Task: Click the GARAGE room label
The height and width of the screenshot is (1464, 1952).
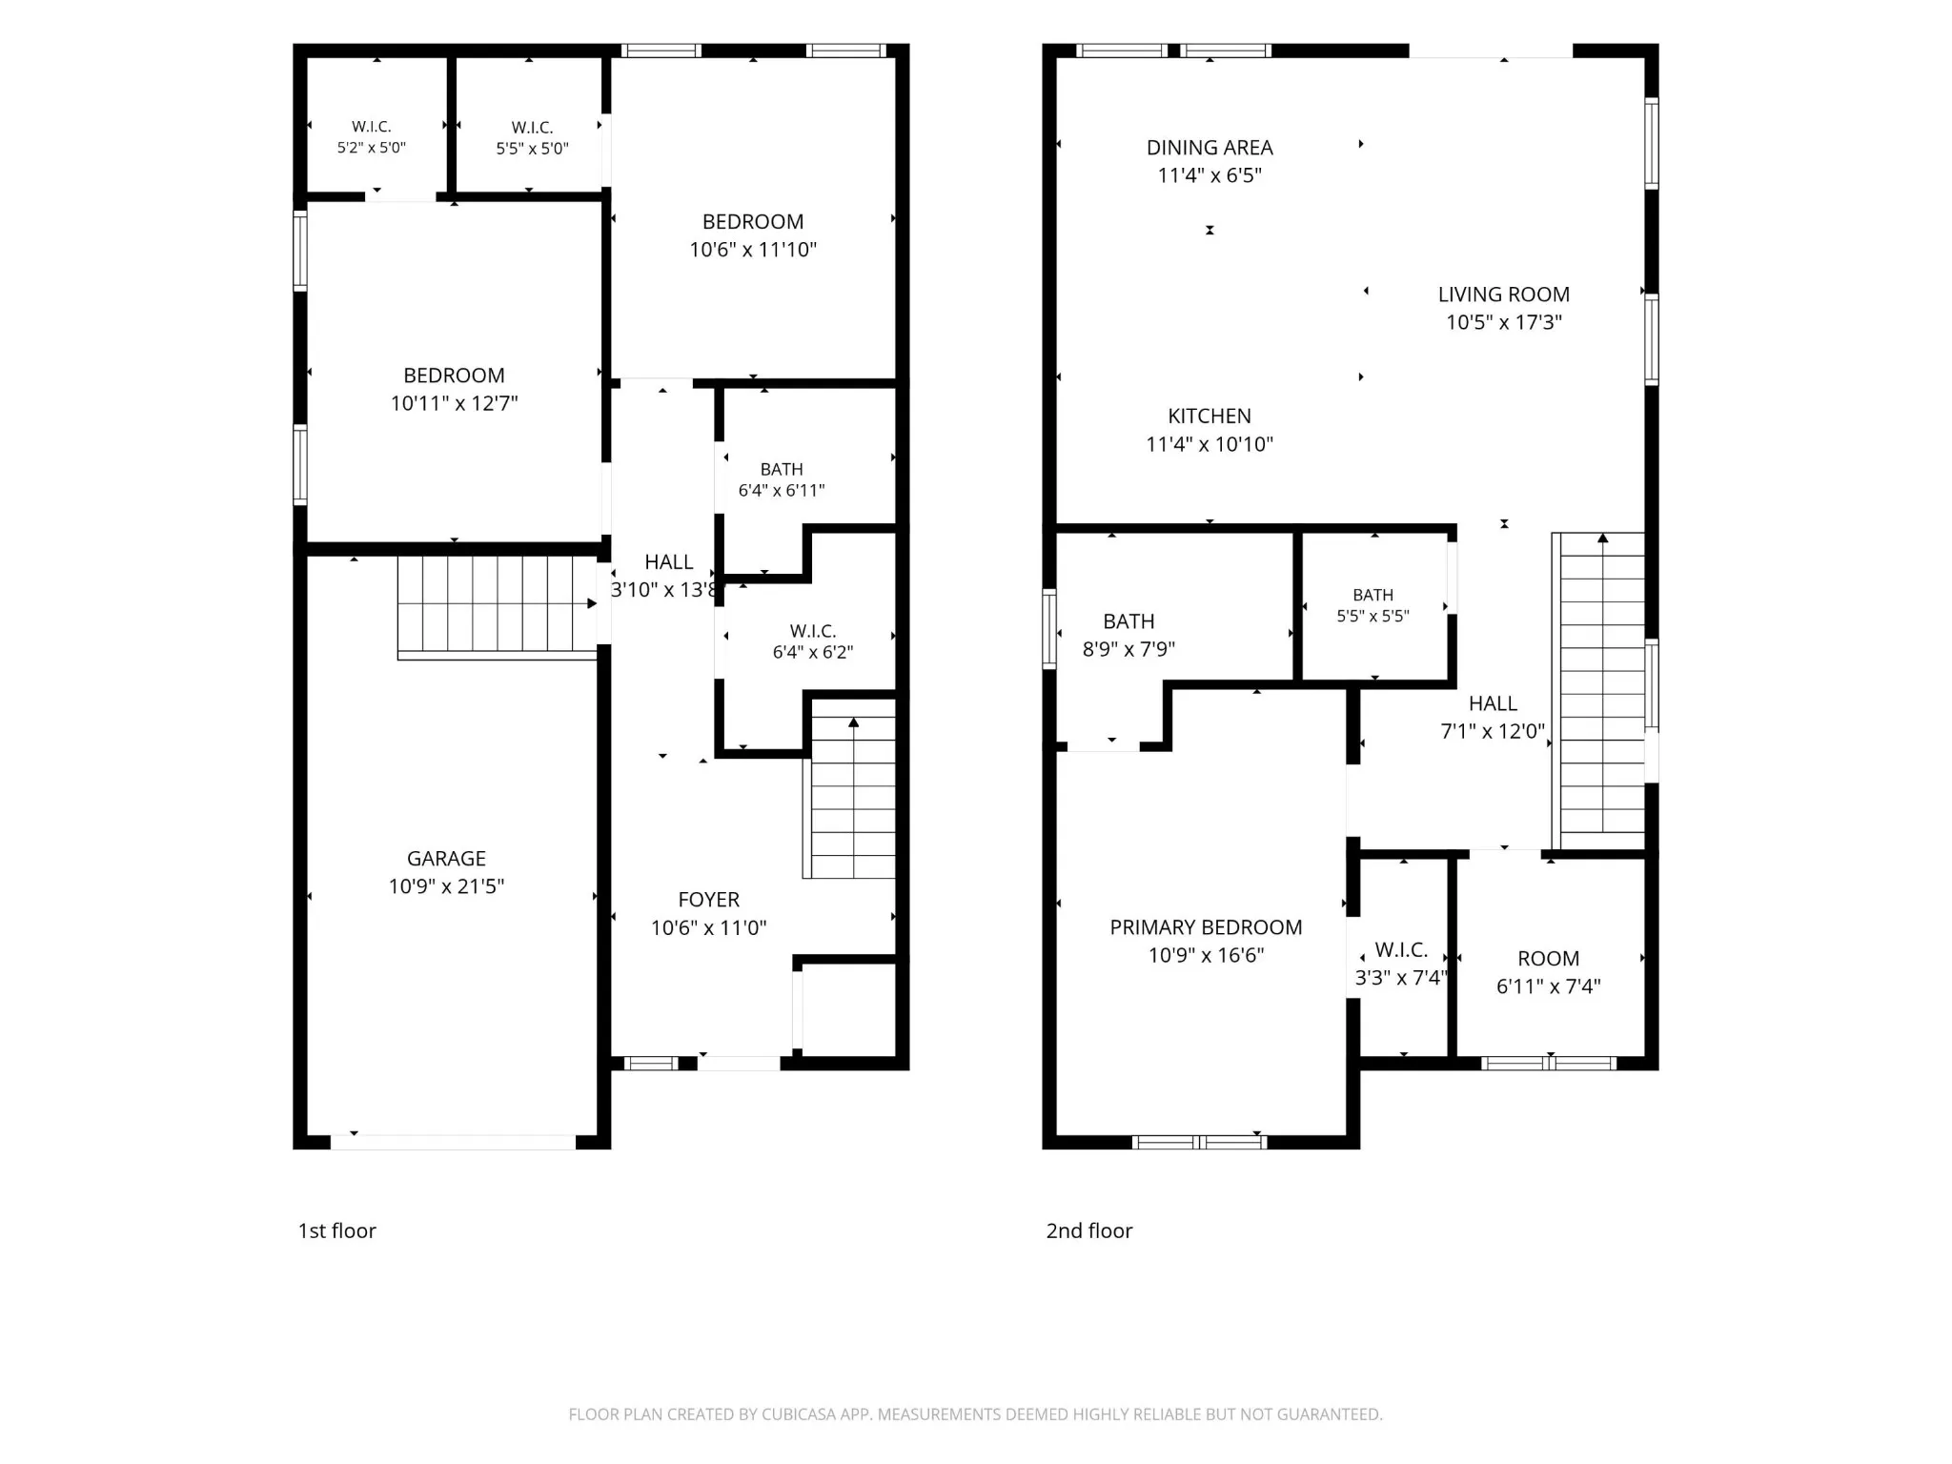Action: [x=446, y=859]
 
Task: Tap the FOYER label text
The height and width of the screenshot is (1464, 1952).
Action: [x=708, y=900]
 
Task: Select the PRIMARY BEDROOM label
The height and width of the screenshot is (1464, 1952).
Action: [x=1206, y=927]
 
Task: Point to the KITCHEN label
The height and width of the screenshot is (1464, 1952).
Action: [x=1210, y=417]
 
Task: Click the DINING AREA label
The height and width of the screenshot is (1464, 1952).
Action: [x=1210, y=148]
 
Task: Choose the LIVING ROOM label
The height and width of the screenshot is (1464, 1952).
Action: [x=1504, y=295]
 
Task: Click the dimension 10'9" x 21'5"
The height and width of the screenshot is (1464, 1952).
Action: [x=446, y=886]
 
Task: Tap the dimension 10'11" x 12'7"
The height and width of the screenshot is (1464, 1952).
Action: [x=454, y=403]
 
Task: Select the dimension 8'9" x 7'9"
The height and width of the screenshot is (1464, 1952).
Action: [x=1128, y=650]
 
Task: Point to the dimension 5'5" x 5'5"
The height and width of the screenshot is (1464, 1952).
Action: [x=1372, y=617]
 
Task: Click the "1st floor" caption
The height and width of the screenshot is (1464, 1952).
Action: [x=337, y=1230]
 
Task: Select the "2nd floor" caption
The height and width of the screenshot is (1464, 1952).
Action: [x=1089, y=1230]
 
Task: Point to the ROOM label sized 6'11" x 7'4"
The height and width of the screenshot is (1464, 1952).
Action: [x=1549, y=959]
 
